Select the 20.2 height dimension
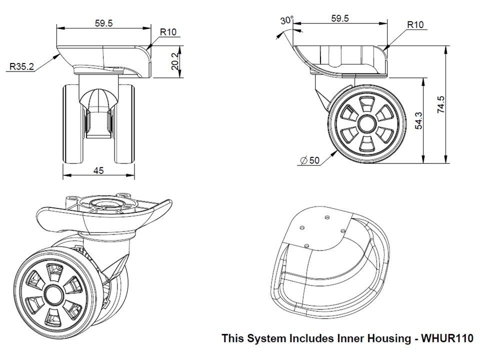pos(174,61)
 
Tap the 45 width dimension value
pos(98,170)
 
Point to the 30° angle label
pos(286,20)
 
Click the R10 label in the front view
pos(168,32)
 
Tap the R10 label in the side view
pos(415,24)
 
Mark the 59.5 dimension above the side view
pos(339,18)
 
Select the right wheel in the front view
pos(126,124)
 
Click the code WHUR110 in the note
pos(447,338)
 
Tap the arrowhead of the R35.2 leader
pos(58,54)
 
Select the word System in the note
pos(267,338)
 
